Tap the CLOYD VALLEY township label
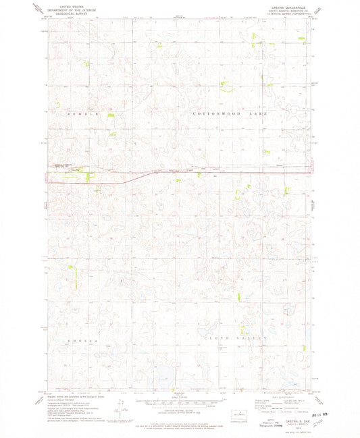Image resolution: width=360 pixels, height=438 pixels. coord(241,337)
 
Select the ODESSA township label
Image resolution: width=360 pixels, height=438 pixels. coord(84,341)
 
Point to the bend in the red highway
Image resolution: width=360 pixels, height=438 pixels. coord(132,177)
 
